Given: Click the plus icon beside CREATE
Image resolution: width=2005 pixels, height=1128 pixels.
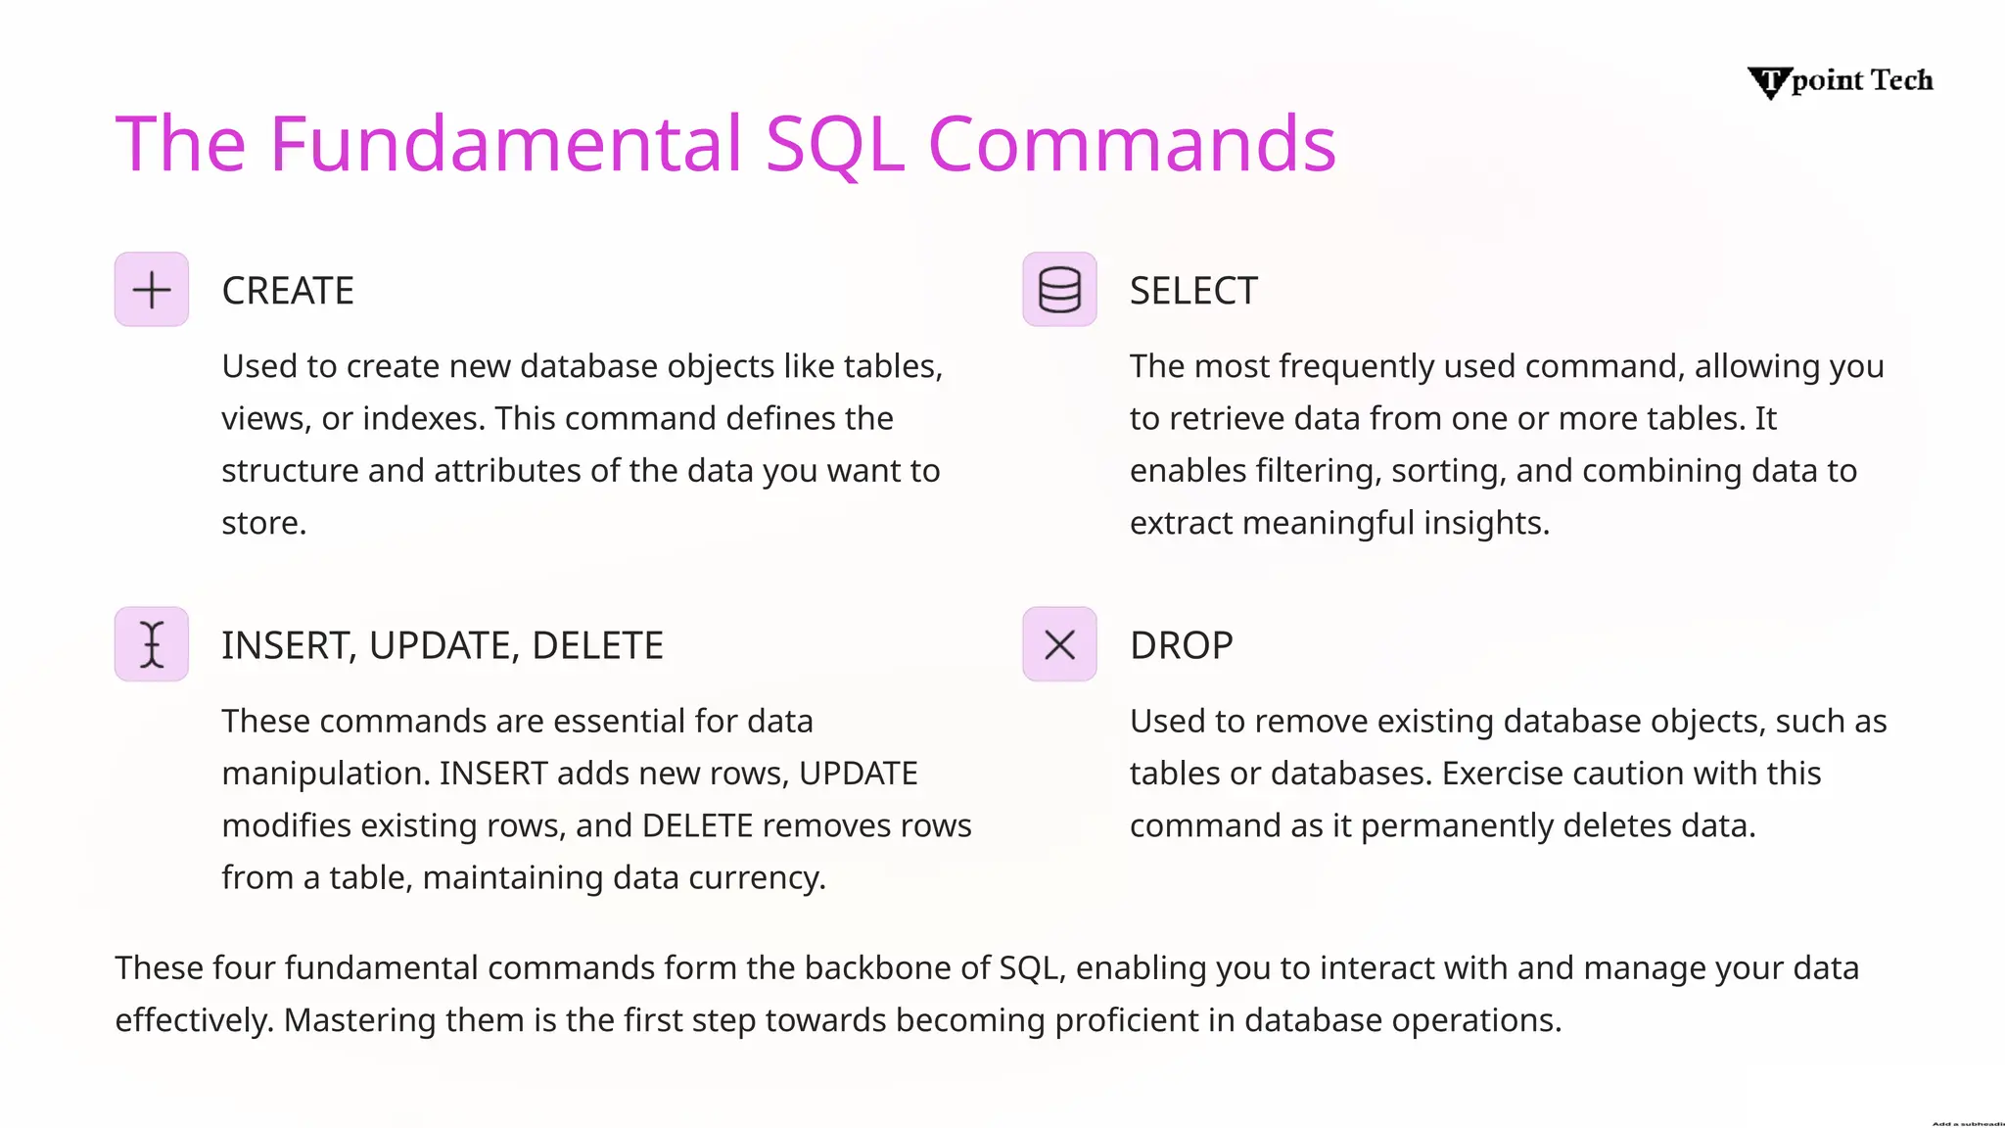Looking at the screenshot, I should [x=152, y=290].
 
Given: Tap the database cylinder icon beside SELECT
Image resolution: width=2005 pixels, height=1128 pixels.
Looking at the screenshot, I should [x=1059, y=290].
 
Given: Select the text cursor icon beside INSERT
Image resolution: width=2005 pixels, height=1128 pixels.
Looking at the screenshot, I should [x=152, y=644].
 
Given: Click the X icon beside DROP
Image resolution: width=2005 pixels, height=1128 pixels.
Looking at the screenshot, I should [x=1059, y=644].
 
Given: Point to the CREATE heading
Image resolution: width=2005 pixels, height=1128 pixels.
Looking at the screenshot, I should [x=288, y=291].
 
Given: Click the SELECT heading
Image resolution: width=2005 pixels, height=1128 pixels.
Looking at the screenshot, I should [x=1193, y=291].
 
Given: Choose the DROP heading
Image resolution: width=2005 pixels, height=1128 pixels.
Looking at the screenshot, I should [x=1181, y=645].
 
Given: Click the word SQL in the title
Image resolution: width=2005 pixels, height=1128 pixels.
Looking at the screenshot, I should [x=834, y=145].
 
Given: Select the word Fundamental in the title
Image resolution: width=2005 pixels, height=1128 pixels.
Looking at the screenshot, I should [x=506, y=145].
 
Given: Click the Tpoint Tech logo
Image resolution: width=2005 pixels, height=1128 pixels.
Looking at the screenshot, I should [x=1841, y=81].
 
